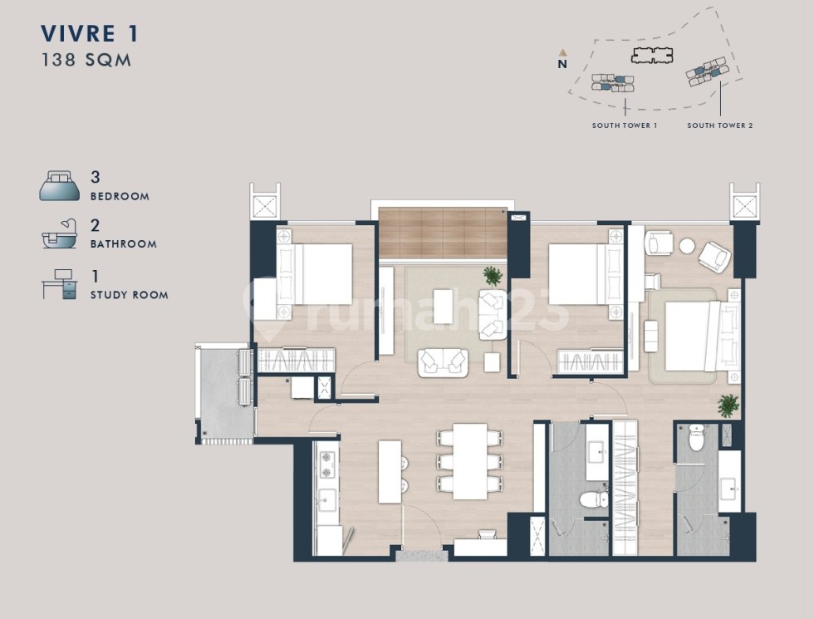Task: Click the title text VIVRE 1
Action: pos(90,34)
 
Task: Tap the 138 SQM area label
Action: pos(86,60)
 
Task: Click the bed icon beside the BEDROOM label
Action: pos(60,186)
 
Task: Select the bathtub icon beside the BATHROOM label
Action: pos(59,233)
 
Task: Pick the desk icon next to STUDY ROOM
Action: pos(60,284)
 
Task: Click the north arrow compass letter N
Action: pos(562,65)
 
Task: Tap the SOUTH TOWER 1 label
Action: pos(625,125)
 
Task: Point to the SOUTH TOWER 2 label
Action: pos(720,125)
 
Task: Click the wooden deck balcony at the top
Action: pos(442,233)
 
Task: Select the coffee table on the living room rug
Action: pos(444,307)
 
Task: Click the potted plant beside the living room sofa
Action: pos(492,276)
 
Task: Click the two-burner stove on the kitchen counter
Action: pos(326,465)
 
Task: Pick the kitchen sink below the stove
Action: pos(327,499)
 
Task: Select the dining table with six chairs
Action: pos(470,461)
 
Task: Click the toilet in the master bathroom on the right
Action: pos(696,438)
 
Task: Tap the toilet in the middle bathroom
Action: pos(594,500)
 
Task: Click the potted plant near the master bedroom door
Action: pos(728,405)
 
